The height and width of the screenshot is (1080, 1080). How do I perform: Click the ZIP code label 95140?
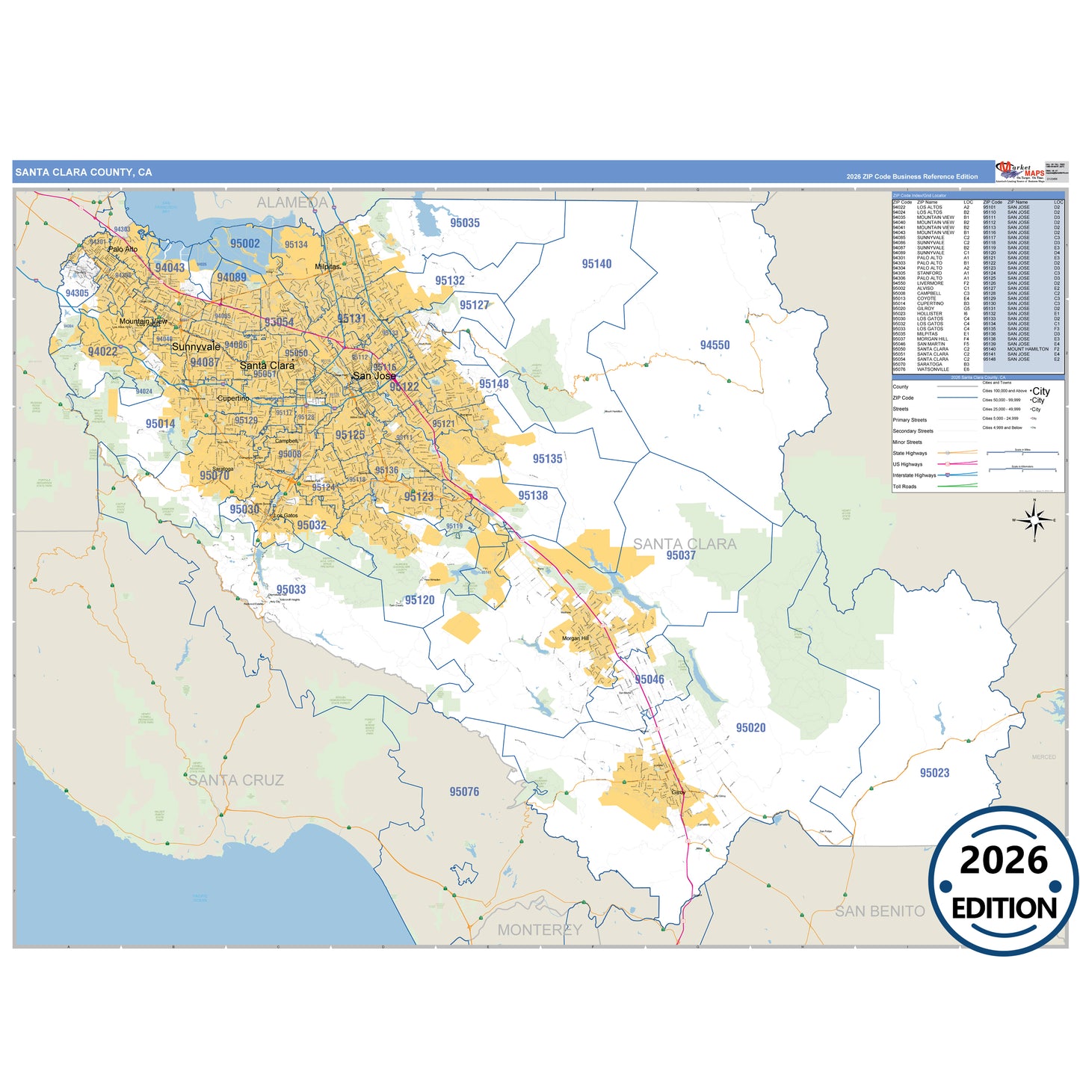point(596,264)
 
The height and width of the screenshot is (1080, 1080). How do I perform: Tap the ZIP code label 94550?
point(715,345)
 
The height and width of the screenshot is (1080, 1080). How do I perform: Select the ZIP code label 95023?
point(934,773)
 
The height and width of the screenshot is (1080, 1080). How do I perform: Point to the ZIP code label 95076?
point(464,792)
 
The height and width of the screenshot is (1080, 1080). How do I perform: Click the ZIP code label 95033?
point(291,590)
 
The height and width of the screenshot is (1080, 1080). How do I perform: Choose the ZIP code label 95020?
point(750,728)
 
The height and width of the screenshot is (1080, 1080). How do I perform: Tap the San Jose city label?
point(374,376)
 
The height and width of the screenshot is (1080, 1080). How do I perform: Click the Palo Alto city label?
point(123,249)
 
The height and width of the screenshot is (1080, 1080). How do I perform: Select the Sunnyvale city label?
point(196,347)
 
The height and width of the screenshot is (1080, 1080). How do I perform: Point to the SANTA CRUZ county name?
point(236,780)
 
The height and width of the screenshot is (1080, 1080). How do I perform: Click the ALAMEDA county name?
point(292,203)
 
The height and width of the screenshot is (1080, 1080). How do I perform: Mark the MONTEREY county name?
point(540,930)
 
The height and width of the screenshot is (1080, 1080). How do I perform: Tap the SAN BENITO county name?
point(880,911)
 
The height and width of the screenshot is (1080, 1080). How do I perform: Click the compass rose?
point(1034,520)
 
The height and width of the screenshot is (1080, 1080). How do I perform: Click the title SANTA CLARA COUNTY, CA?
point(84,173)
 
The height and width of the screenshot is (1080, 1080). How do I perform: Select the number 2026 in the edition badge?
point(1004,860)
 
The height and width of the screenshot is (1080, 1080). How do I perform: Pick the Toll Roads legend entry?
point(904,487)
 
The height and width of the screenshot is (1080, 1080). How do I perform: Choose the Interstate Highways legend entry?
point(914,475)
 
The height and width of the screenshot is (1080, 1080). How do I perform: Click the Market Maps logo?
point(1020,172)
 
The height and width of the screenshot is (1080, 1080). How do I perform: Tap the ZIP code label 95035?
point(465,223)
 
